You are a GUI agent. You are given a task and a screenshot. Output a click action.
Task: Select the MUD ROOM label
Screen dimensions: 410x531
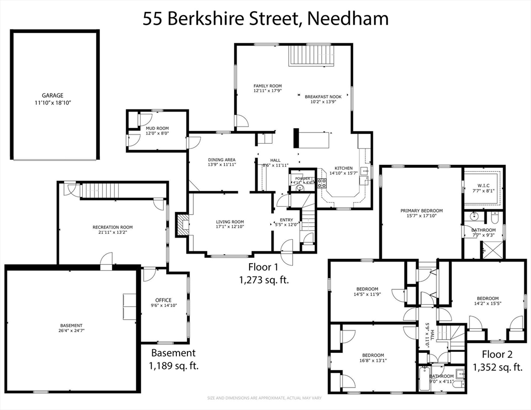click(x=157, y=128)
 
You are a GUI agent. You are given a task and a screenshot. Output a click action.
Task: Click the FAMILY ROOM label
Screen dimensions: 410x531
click(x=267, y=86)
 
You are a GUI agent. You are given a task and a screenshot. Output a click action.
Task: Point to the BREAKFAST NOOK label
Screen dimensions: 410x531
click(x=323, y=97)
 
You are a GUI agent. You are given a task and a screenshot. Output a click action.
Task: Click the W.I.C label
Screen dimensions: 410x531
click(x=482, y=186)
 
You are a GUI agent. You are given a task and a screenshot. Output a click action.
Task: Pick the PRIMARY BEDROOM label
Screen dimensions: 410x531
click(x=421, y=210)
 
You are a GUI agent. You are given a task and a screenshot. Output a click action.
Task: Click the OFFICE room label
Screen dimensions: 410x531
click(x=163, y=300)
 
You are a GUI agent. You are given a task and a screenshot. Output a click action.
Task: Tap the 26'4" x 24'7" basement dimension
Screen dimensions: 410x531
click(x=71, y=331)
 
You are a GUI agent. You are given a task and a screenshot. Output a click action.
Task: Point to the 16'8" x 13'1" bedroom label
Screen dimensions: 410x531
click(x=372, y=356)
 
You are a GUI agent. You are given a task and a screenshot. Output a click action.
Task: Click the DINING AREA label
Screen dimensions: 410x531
click(x=222, y=160)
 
